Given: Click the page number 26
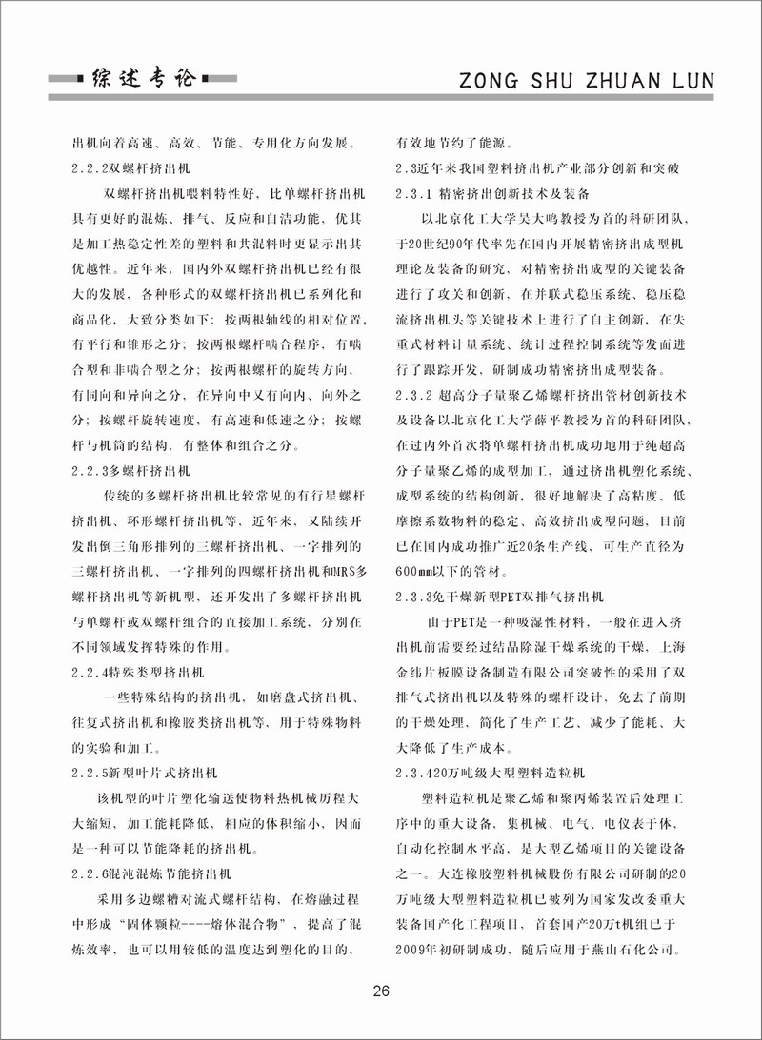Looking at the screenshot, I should (x=381, y=991).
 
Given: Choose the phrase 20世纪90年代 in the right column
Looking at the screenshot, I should (x=448, y=244).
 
